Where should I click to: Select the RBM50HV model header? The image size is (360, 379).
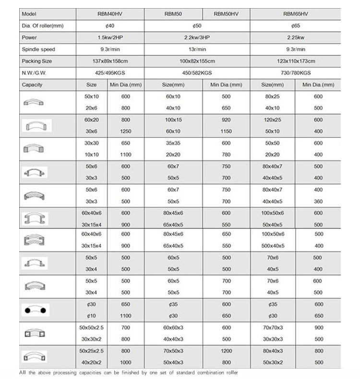click(x=226, y=14)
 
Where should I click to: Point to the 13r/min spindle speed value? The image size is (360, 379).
click(x=197, y=49)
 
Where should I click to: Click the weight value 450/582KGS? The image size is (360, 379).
click(x=197, y=73)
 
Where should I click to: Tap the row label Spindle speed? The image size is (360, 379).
click(x=38, y=49)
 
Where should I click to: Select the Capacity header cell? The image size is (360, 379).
click(x=32, y=85)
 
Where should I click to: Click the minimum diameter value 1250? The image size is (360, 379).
click(x=126, y=131)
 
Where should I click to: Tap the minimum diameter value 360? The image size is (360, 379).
click(x=318, y=202)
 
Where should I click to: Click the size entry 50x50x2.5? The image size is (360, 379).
click(x=91, y=327)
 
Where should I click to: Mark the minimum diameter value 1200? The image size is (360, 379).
click(x=226, y=350)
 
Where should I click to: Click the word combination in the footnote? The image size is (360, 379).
click(x=204, y=373)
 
